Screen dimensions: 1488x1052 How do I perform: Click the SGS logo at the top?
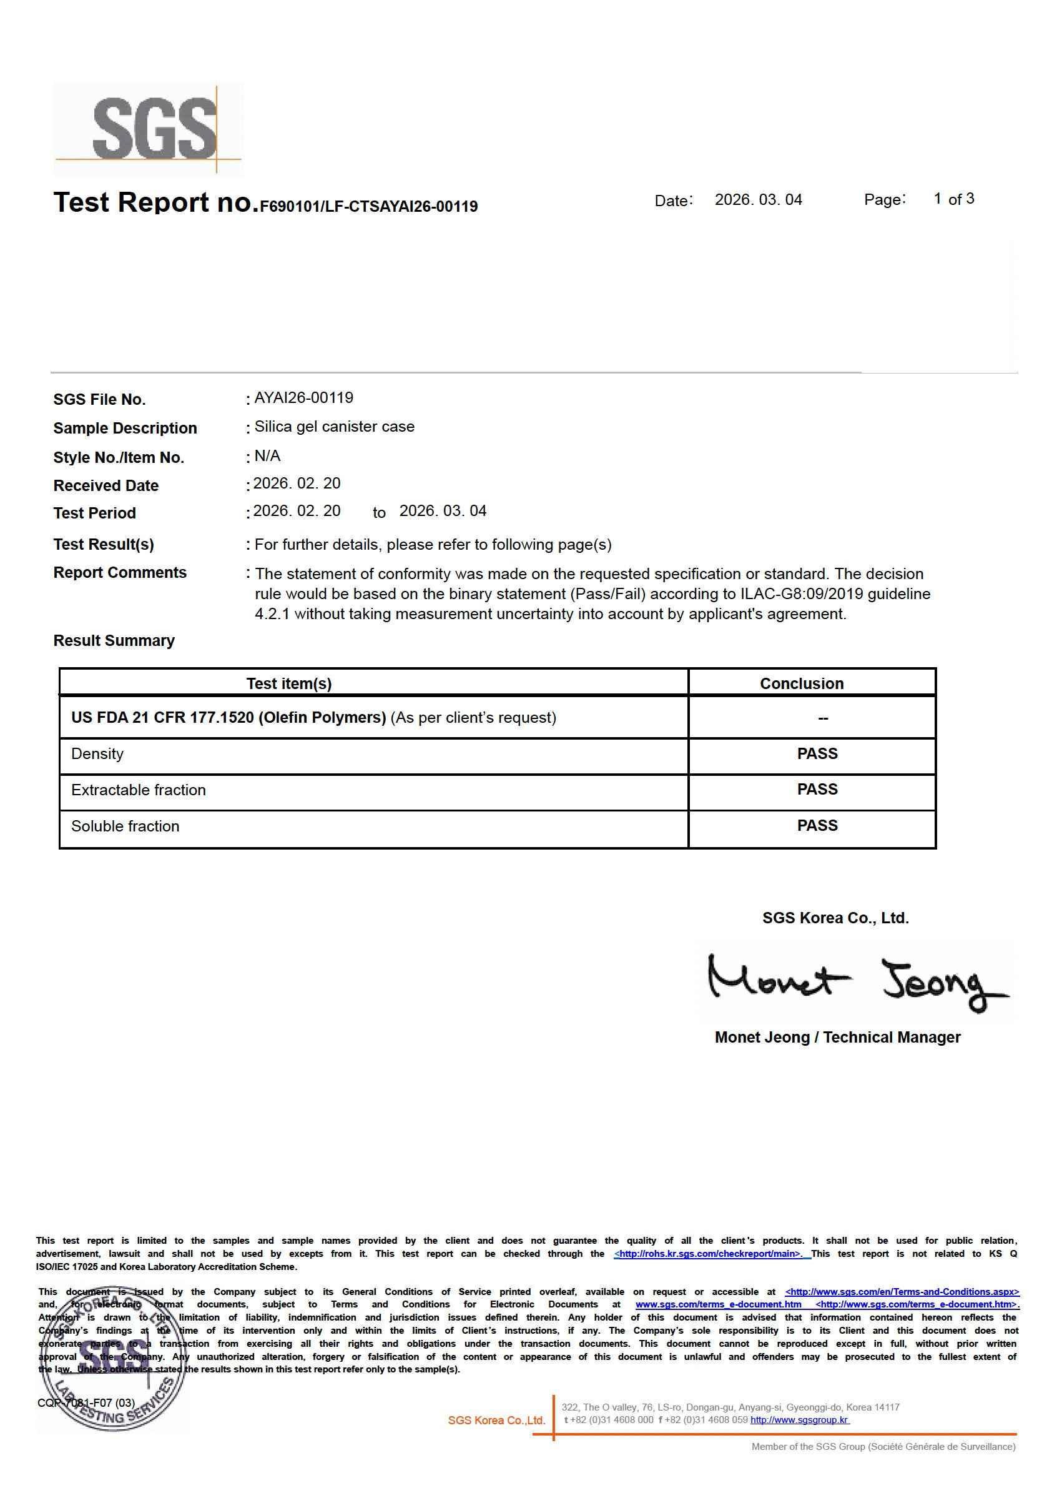click(149, 129)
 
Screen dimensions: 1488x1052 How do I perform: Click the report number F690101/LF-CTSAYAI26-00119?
click(368, 207)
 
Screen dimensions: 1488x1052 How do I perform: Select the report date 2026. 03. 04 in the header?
click(758, 200)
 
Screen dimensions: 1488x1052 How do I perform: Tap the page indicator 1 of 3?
click(953, 199)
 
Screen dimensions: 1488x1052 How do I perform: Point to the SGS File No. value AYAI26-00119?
click(303, 398)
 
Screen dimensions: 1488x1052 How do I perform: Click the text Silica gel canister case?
click(334, 427)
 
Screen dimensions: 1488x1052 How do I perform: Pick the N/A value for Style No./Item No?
click(268, 455)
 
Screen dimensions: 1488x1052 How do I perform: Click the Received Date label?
click(106, 485)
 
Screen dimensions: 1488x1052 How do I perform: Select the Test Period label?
click(94, 513)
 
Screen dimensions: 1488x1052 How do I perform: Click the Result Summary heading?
click(114, 640)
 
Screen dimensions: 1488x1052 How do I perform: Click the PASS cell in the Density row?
click(817, 753)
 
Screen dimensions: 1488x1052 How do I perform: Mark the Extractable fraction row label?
click(139, 790)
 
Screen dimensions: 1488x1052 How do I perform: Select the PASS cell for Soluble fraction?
click(817, 825)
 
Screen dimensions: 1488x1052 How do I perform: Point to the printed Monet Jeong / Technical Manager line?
click(837, 1037)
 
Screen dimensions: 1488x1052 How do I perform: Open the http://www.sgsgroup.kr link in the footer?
click(799, 1419)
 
